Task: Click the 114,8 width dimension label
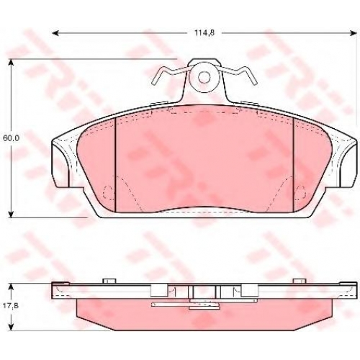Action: point(204,33)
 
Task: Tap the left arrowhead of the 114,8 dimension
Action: point(55,33)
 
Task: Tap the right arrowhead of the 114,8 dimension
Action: point(354,33)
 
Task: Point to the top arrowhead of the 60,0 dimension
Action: point(11,62)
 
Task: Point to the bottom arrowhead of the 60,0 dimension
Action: point(11,214)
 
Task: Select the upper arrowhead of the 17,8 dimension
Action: point(11,287)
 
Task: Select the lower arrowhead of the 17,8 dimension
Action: point(11,327)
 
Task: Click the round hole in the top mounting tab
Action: point(204,77)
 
